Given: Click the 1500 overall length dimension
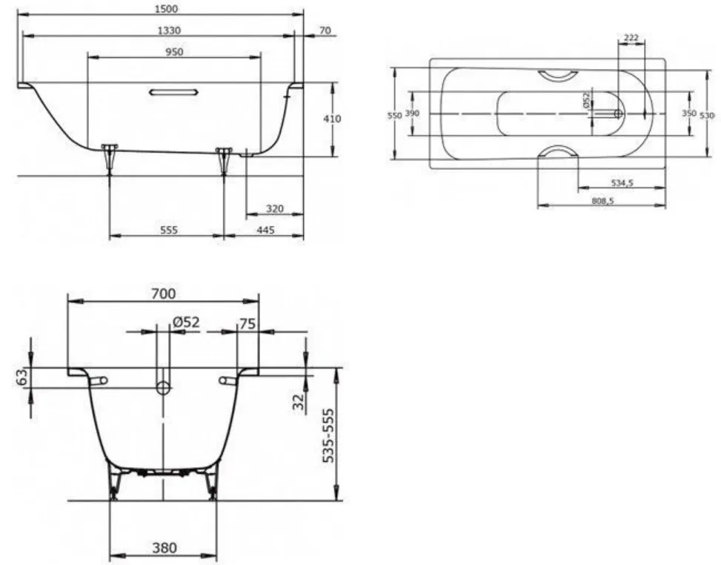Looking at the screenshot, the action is [167, 9].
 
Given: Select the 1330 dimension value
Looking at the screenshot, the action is [169, 30].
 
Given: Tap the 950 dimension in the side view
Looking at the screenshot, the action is [174, 52].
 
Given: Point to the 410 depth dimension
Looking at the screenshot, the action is [332, 119].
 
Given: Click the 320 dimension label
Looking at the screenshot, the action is [274, 209].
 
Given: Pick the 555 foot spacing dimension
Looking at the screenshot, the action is [169, 230].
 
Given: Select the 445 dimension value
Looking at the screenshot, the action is [265, 230].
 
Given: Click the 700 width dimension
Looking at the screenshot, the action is [163, 293].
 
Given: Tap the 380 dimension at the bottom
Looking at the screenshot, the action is [165, 548].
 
